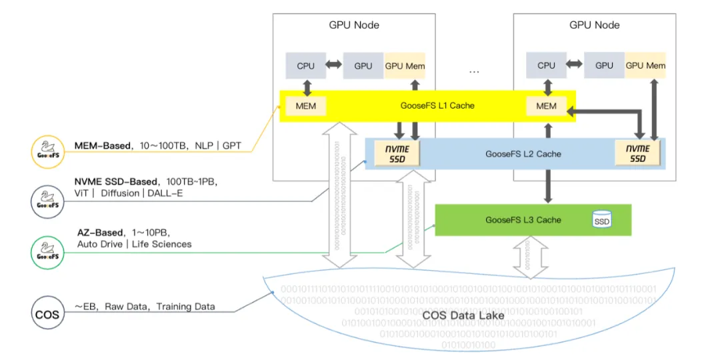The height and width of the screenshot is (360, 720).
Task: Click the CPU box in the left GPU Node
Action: tap(305, 66)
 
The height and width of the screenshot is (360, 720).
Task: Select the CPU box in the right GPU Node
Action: tap(546, 65)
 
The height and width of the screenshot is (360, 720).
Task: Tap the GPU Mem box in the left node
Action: tap(405, 66)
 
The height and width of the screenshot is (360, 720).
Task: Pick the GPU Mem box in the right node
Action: tap(645, 65)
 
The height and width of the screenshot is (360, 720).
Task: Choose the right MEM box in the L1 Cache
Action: tap(546, 105)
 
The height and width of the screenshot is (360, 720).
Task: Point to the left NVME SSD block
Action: tap(399, 153)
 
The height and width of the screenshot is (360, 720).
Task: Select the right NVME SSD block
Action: tap(639, 153)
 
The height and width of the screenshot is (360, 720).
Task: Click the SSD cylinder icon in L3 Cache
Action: tap(602, 221)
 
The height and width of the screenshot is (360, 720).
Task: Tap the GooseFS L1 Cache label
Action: tap(437, 105)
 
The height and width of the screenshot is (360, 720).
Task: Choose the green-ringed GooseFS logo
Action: tap(47, 251)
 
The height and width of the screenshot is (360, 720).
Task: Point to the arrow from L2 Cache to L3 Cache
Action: tap(547, 186)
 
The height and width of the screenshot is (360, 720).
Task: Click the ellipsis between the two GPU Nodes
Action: tap(474, 71)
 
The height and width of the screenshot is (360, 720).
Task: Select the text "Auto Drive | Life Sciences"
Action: tap(134, 244)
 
